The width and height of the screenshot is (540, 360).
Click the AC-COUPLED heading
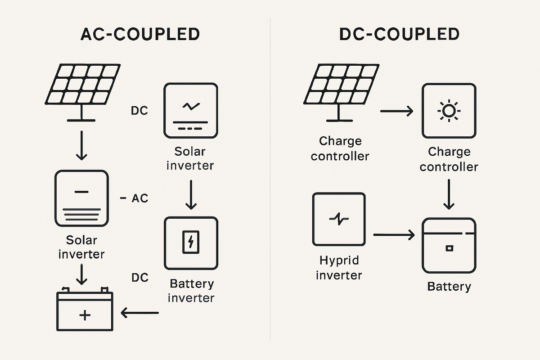(x=139, y=35)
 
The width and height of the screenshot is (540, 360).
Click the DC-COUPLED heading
(x=399, y=35)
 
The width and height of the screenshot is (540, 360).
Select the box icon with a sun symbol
(x=448, y=110)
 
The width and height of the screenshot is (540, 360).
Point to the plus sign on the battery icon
(x=84, y=315)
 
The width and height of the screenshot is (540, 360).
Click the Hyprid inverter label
(x=339, y=268)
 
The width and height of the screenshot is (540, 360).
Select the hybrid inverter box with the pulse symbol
(x=339, y=219)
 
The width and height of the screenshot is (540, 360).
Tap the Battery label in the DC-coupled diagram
(x=449, y=287)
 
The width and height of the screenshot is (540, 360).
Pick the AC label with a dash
(x=135, y=198)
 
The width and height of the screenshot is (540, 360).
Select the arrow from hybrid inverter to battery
(x=393, y=234)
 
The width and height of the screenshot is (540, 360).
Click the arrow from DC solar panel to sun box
(x=396, y=110)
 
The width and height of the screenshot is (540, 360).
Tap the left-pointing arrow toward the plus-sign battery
(x=140, y=312)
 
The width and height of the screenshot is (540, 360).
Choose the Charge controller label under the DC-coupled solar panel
(x=340, y=148)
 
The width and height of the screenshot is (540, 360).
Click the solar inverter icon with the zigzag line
(x=191, y=110)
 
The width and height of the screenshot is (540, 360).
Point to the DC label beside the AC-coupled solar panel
(x=139, y=110)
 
